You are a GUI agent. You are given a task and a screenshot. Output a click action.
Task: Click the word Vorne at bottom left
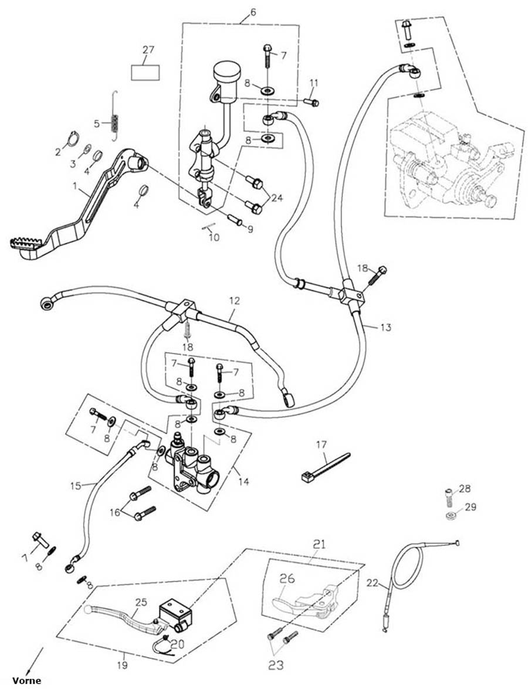pyautogui.click(x=26, y=681)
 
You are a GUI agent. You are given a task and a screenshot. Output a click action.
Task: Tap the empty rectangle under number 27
pyautogui.click(x=145, y=72)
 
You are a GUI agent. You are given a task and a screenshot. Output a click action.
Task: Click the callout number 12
pyautogui.click(x=234, y=301)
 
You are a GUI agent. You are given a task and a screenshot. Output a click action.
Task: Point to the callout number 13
pyautogui.click(x=385, y=327)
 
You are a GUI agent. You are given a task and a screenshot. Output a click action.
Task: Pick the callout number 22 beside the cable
pyautogui.click(x=372, y=583)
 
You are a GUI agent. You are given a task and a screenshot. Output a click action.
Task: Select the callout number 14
pyautogui.click(x=243, y=482)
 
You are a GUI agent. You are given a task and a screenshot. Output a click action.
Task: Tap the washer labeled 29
pyautogui.click(x=452, y=516)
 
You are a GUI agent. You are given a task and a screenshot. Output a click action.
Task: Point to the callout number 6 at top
pyautogui.click(x=253, y=12)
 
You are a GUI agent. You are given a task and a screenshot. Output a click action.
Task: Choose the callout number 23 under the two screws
pyautogui.click(x=275, y=665)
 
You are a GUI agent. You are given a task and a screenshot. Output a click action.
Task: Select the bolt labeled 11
pyautogui.click(x=311, y=103)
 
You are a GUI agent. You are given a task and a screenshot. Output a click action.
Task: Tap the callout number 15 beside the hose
pyautogui.click(x=75, y=485)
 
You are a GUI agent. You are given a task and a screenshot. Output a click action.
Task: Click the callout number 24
pyautogui.click(x=276, y=198)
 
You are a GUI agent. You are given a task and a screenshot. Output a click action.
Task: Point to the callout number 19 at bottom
pyautogui.click(x=122, y=665)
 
